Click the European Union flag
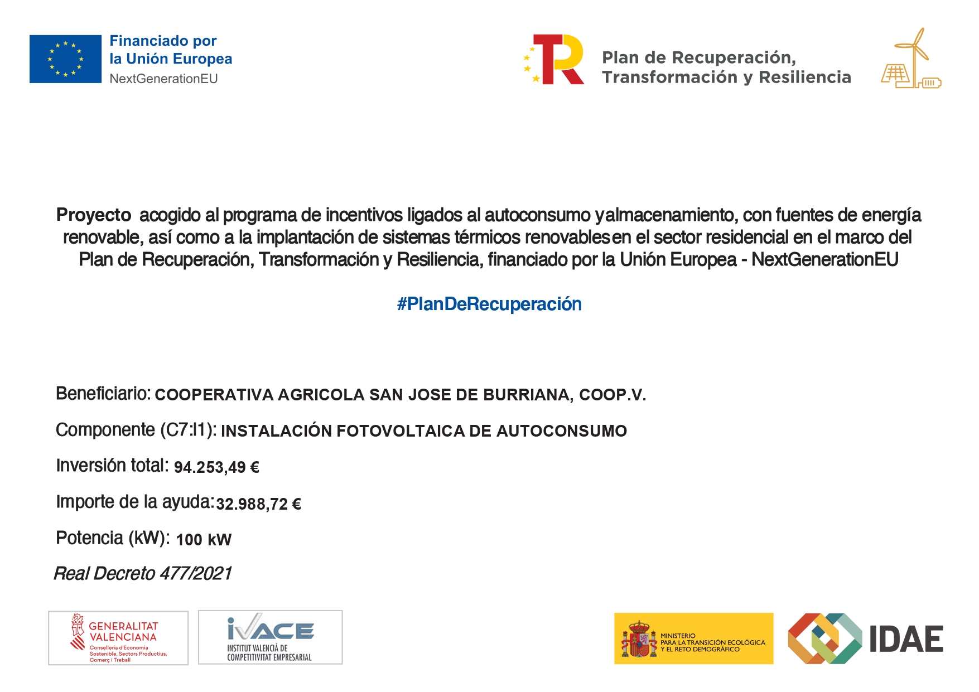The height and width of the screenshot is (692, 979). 65,59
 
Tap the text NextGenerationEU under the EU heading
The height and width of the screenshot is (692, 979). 163,79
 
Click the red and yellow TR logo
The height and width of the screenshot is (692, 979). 555,59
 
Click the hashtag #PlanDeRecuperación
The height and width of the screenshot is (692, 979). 489,304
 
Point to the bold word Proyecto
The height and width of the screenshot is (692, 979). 94,215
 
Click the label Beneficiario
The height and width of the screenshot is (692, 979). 103,394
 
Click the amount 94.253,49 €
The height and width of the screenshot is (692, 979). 216,467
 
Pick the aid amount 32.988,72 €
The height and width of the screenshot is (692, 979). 258,504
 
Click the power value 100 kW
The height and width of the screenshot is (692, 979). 204,540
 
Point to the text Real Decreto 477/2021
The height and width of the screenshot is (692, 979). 143,574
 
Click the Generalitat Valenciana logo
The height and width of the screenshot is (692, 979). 118,638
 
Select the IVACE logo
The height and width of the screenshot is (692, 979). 271,637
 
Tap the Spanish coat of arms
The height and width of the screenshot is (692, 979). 639,639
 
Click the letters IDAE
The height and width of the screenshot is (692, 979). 906,639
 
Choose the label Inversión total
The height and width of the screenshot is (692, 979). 112,466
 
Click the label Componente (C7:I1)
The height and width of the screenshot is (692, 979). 136,430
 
